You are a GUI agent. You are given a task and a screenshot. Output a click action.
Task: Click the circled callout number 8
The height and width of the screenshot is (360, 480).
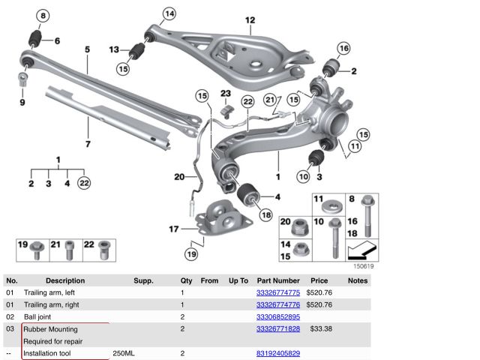43,16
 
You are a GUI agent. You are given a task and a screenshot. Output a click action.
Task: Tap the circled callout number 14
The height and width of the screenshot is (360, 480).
169,13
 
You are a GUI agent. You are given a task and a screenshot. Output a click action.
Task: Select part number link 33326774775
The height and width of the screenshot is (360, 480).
278,292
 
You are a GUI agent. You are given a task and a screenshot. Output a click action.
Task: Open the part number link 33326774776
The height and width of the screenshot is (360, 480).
278,304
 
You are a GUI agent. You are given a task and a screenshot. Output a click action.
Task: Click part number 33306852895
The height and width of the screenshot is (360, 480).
278,317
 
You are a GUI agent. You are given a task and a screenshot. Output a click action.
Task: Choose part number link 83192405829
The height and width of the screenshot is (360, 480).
278,353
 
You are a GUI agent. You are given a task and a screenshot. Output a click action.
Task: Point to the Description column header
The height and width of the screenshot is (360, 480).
65,280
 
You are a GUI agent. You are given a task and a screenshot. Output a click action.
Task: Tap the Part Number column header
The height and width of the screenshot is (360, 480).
278,280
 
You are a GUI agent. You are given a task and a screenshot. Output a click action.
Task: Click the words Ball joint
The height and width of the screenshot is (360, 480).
39,317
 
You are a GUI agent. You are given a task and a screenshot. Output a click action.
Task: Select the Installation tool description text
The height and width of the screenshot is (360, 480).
49,353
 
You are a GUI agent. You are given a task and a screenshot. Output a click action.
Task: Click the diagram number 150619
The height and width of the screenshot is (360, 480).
363,265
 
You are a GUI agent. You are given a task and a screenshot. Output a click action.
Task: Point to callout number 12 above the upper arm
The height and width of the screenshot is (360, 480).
250,20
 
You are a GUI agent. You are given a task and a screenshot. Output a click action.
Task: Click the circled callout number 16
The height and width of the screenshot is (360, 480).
343,49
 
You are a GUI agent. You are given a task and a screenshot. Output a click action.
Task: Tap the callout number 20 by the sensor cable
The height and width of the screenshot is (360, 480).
178,178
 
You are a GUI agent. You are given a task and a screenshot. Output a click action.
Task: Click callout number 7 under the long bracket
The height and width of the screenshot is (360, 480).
88,143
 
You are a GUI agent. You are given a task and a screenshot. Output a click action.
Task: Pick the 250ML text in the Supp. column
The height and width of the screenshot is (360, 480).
124,353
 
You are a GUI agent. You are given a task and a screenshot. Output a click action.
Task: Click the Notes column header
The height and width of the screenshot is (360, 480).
358,280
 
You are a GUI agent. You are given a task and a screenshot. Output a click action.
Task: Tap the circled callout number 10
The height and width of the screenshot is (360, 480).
302,177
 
